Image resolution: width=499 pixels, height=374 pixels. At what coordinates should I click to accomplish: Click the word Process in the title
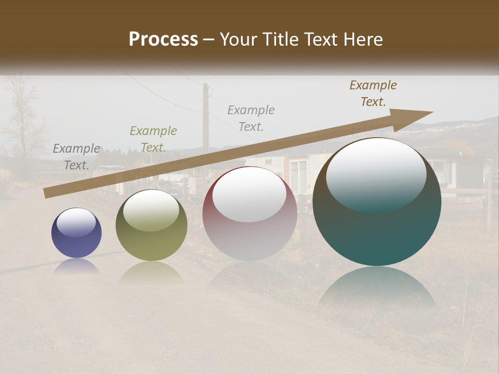click(163, 39)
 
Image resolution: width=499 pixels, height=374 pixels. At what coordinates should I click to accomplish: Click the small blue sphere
click(76, 233)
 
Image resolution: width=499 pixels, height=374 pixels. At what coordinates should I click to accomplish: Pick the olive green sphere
click(151, 225)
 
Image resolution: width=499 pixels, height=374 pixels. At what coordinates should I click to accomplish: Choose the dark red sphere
click(249, 214)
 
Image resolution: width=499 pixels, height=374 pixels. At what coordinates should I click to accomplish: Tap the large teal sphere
click(377, 203)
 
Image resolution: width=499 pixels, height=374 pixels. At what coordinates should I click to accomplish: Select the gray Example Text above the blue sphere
click(76, 157)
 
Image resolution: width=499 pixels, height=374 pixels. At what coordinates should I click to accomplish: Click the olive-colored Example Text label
click(153, 139)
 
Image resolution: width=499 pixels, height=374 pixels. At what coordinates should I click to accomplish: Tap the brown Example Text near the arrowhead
click(373, 94)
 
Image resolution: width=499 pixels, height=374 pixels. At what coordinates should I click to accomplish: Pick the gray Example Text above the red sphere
click(251, 118)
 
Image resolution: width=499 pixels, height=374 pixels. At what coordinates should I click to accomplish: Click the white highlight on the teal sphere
click(376, 174)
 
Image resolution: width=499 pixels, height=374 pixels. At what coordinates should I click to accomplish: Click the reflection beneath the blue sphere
click(76, 266)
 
